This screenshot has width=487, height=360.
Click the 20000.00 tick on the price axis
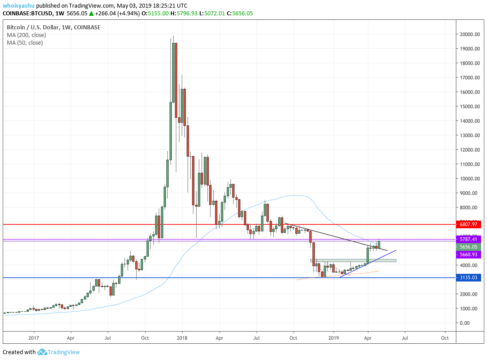(x=469, y=34)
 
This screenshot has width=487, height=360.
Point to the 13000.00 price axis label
(x=469, y=135)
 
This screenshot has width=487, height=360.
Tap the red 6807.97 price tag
(x=469, y=224)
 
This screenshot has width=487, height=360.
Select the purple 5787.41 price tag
(x=469, y=239)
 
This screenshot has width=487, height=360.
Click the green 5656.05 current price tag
(x=469, y=247)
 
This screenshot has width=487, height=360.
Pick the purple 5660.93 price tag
(x=469, y=254)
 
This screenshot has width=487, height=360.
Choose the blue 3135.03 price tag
(x=469, y=277)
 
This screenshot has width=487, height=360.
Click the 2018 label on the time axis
(x=182, y=337)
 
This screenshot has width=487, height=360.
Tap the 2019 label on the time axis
(x=333, y=337)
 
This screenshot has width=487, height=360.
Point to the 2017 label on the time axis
(x=34, y=337)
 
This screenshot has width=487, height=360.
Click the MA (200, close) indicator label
(x=26, y=35)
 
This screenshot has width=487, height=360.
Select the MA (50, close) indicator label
(x=25, y=43)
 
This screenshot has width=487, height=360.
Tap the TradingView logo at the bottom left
(x=59, y=352)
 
